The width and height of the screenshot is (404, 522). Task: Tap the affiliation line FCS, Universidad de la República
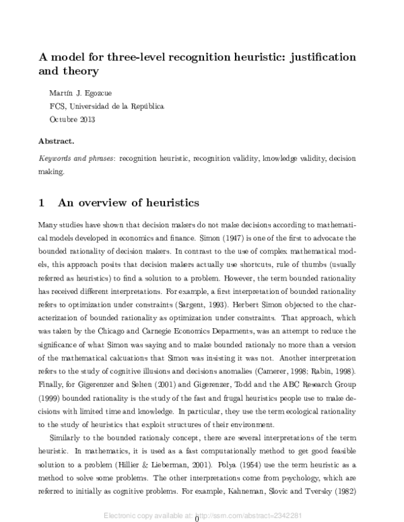pos(106,106)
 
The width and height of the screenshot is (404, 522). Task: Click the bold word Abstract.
pos(57,142)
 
